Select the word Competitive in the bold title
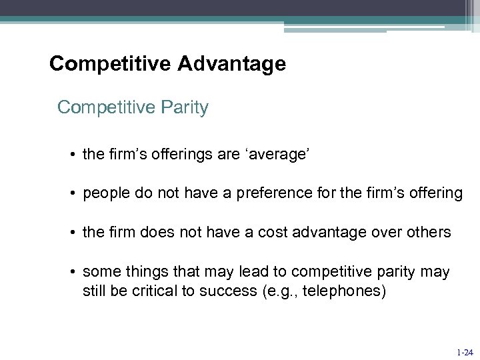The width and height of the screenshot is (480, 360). tap(107, 64)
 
